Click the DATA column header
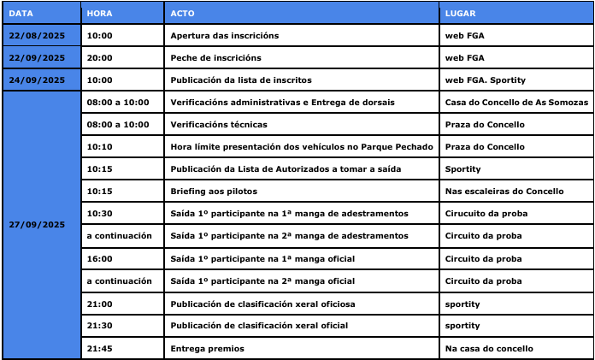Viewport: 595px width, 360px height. tap(21, 14)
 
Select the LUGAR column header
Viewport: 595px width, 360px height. tap(462, 14)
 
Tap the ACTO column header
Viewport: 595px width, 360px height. tap(182, 14)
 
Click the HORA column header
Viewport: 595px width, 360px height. tap(99, 14)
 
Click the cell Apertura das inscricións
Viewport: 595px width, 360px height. tap(225, 36)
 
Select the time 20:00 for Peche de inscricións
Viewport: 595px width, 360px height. tap(99, 58)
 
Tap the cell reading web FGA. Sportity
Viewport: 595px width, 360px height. tap(486, 80)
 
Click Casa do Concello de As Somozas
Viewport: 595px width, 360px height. tap(516, 103)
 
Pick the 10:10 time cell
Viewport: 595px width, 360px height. tap(99, 147)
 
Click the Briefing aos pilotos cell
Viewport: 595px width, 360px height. tap(214, 192)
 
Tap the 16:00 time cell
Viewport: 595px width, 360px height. tap(99, 258)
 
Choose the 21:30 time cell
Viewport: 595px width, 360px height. tap(99, 326)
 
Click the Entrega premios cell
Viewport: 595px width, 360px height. tap(207, 348)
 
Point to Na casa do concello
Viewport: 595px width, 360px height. tap(489, 348)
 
